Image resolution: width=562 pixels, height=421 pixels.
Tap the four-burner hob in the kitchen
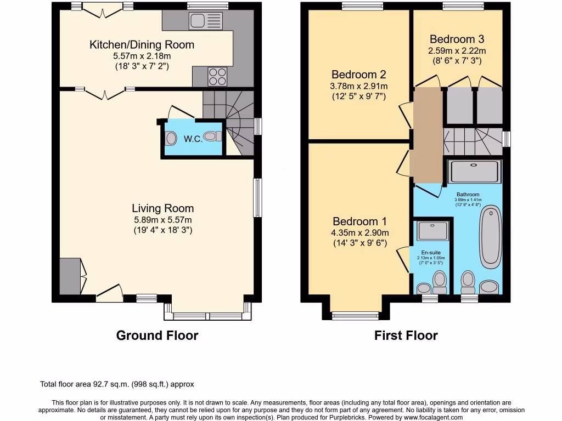point(217,76)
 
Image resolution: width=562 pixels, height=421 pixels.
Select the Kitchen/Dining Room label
point(142,45)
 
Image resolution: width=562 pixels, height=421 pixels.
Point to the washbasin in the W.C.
point(171,138)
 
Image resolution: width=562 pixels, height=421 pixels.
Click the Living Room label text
point(162,208)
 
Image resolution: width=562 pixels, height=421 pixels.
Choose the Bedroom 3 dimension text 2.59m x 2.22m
point(457,51)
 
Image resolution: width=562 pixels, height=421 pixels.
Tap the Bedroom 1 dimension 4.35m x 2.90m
point(359,233)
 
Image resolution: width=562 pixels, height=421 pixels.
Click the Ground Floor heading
point(157,335)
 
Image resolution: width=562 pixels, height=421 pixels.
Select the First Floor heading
point(406,335)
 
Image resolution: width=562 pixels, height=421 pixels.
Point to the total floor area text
point(117,384)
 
